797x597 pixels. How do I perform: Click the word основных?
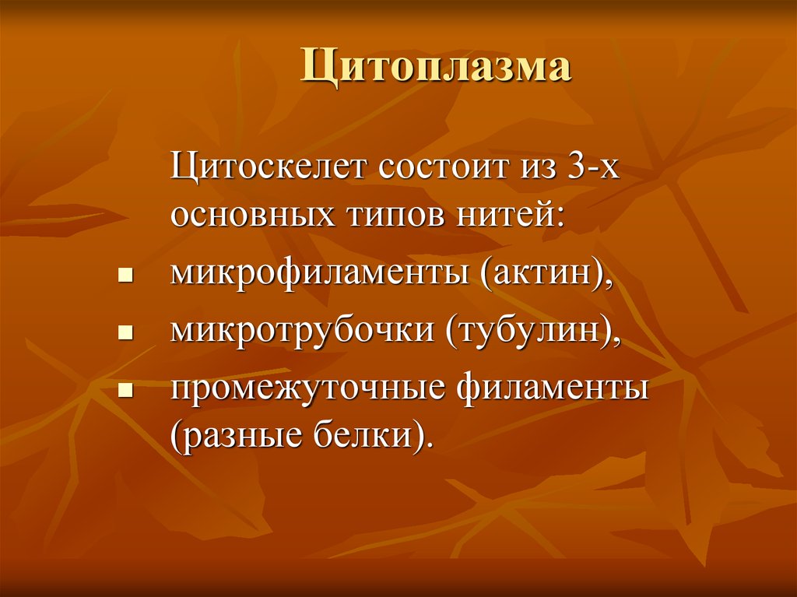[251, 215]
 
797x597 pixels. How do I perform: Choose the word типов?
[391, 215]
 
